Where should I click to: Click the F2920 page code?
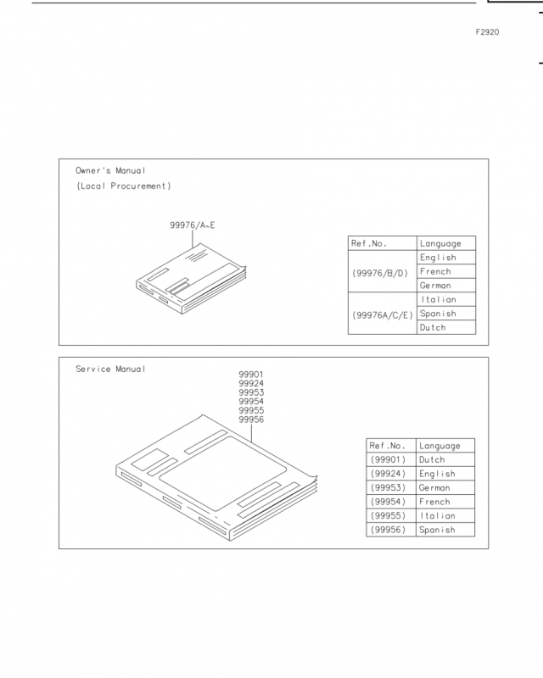pos(487,32)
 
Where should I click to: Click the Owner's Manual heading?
pos(110,170)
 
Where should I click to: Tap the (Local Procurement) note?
pos(123,186)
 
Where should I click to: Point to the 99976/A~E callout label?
pos(193,225)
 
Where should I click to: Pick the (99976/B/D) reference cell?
pos(380,273)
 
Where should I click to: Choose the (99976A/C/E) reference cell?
pos(383,315)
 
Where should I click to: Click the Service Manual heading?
pos(110,369)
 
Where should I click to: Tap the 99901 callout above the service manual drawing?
pos(251,375)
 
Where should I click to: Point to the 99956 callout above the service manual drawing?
pos(251,420)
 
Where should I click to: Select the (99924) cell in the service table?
pos(388,474)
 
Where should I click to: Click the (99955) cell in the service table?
pos(388,516)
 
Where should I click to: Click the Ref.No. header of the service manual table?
pos(387,446)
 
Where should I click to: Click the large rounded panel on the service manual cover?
pos(222,474)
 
